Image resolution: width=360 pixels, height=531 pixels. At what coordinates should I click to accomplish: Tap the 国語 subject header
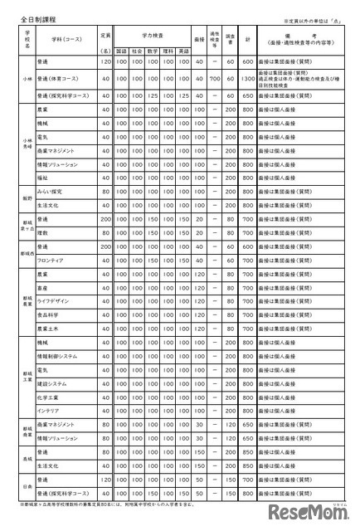(x=121, y=50)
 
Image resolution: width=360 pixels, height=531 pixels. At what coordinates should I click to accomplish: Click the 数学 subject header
(x=152, y=50)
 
